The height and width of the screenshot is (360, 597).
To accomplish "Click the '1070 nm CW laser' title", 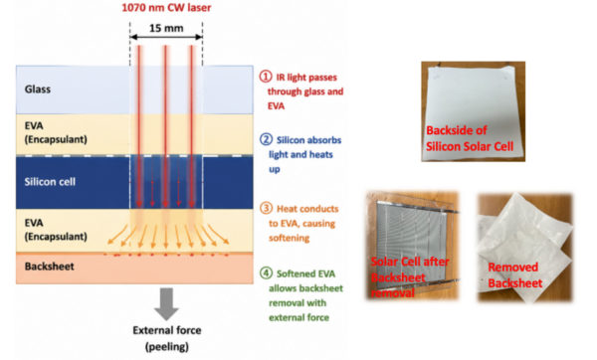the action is click(166, 8).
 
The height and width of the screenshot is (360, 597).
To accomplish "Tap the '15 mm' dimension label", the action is click(166, 28).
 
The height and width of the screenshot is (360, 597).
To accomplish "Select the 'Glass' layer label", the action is click(38, 90).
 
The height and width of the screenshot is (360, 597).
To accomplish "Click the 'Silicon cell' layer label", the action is click(50, 182).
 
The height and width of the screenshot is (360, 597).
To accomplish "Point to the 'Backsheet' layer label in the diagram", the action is click(50, 266).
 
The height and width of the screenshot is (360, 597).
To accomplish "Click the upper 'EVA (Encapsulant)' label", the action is click(56, 132).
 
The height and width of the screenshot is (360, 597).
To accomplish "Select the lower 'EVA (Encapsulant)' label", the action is click(56, 230).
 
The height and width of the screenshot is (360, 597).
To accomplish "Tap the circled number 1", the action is click(266, 77).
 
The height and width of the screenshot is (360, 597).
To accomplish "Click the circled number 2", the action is click(266, 139).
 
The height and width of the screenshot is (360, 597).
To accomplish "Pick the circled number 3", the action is click(266, 208).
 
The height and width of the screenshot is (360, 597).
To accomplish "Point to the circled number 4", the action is click(266, 272).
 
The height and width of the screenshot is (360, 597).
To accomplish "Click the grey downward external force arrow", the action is click(166, 304).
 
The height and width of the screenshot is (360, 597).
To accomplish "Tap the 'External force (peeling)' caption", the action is click(167, 338).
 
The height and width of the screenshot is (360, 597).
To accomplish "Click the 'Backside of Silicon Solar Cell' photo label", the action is click(470, 138).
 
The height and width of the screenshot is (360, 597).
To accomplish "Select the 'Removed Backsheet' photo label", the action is click(514, 274).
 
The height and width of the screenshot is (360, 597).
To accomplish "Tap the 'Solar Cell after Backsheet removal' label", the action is click(410, 277).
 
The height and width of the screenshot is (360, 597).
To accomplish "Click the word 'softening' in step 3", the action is click(289, 239).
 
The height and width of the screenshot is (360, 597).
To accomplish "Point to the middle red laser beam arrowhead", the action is click(165, 204).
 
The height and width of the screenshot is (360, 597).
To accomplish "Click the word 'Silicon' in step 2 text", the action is click(291, 140).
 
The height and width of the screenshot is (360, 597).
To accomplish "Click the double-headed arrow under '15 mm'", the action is click(166, 37).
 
